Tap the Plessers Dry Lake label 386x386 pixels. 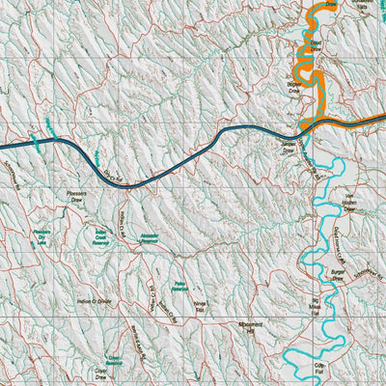click(x=41, y=237)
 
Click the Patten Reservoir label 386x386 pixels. click(x=179, y=286)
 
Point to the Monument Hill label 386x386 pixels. click(x=249, y=329)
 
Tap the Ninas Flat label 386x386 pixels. click(x=201, y=308)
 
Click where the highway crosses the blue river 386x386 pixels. click(x=307, y=125)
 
